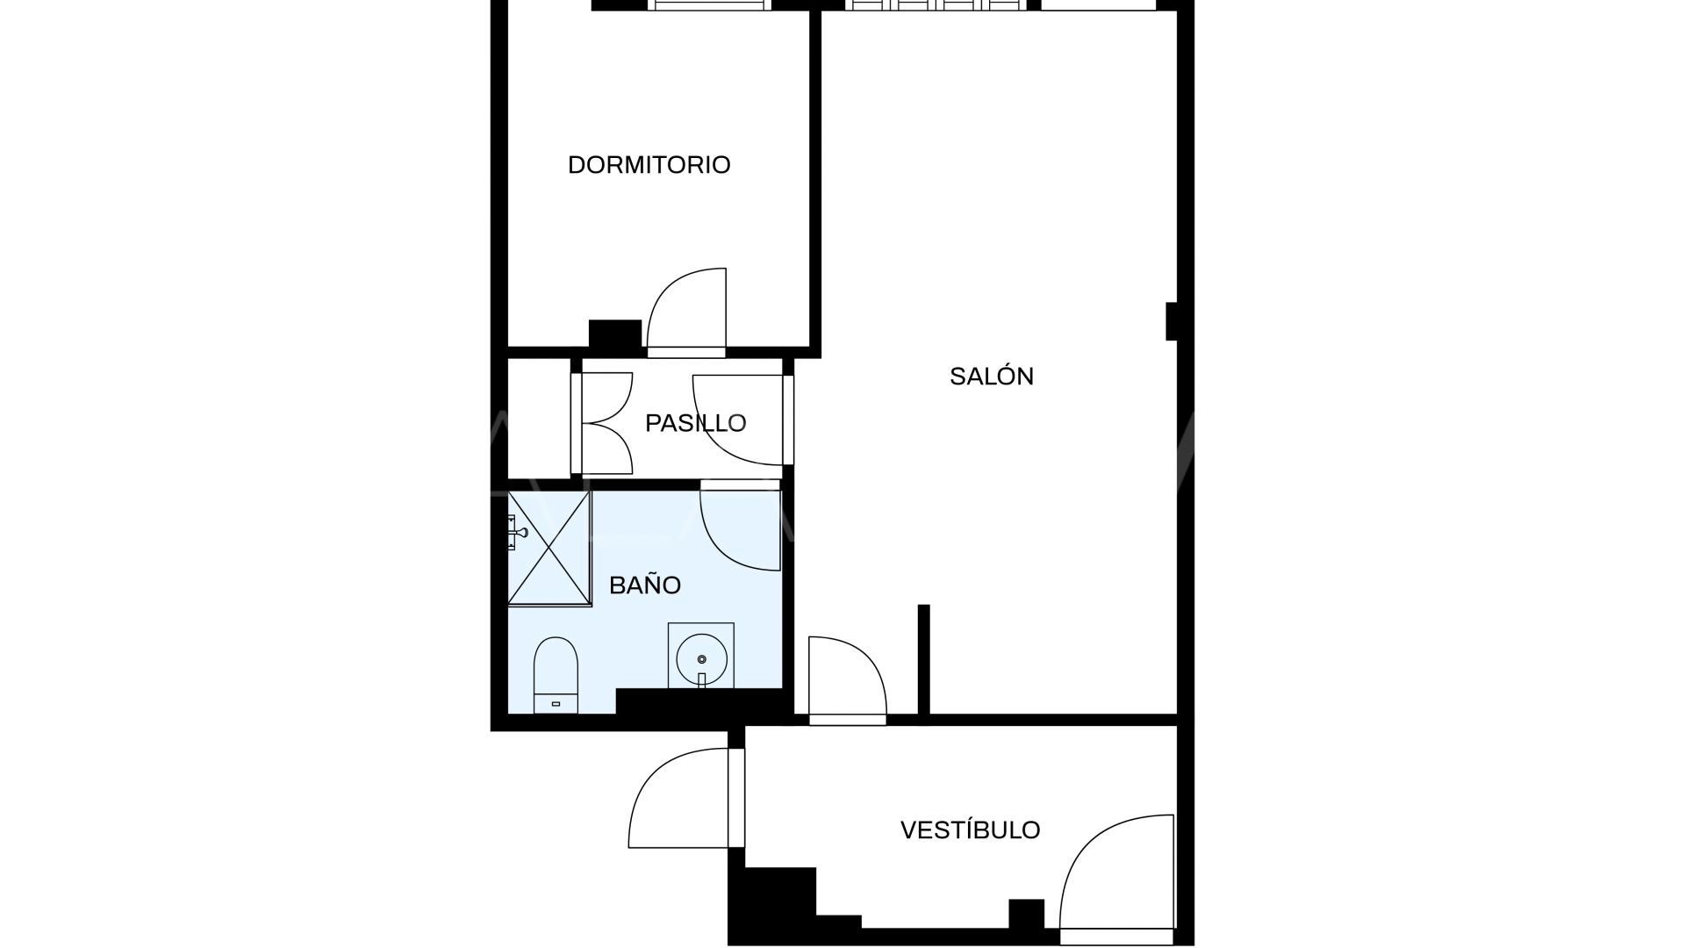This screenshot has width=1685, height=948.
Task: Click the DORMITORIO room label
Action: (x=649, y=165)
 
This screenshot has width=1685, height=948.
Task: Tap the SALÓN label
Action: (x=992, y=377)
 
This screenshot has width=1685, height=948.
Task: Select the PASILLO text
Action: (x=695, y=423)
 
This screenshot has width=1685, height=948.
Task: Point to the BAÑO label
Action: (x=645, y=585)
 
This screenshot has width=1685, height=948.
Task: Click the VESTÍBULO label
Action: (x=970, y=830)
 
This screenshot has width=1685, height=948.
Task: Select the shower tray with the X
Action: (x=549, y=549)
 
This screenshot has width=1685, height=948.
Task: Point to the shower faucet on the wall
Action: (x=516, y=532)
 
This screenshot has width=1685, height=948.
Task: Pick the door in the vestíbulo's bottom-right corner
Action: (x=1117, y=874)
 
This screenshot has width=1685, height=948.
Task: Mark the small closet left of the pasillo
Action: (x=539, y=419)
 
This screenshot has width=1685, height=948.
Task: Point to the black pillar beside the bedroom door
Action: (x=614, y=334)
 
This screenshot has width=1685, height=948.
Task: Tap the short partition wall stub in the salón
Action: (x=923, y=658)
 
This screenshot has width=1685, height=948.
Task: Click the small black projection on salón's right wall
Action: (x=1171, y=321)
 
